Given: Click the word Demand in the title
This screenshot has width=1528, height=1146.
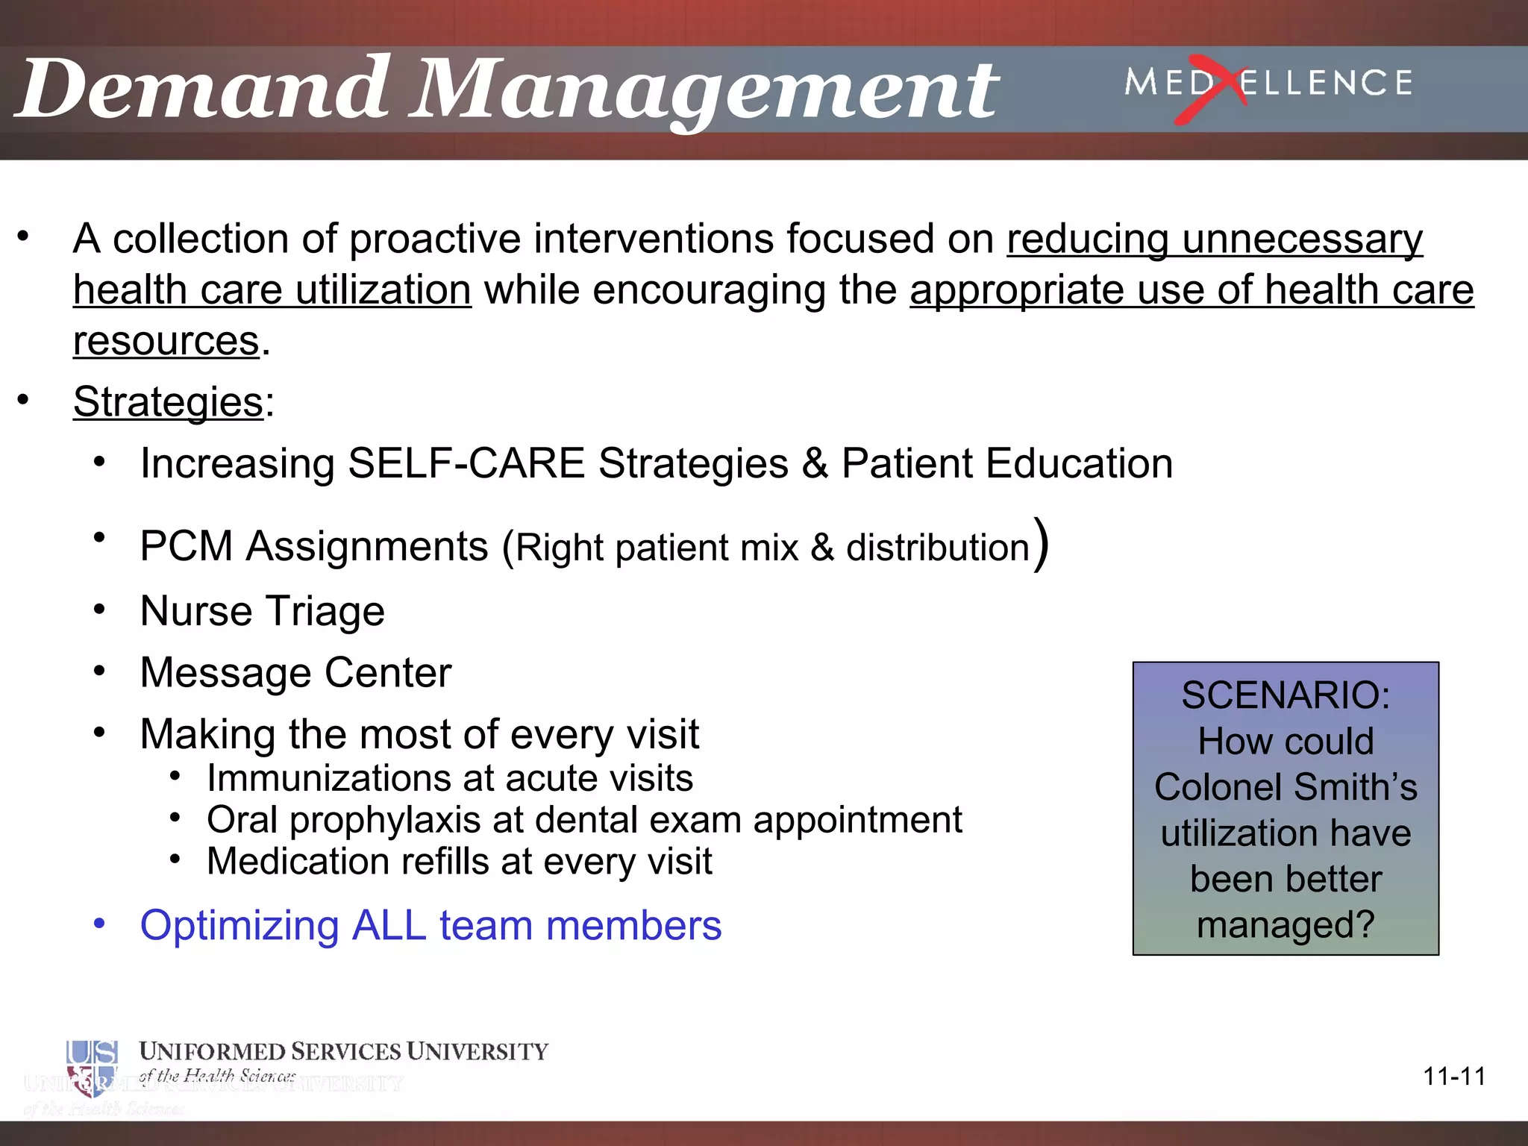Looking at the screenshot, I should [203, 90].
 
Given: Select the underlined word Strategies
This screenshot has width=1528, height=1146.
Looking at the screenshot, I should [169, 402].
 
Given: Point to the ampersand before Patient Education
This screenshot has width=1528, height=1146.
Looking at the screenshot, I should [815, 463].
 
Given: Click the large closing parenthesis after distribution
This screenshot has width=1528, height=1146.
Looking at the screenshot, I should [1042, 544].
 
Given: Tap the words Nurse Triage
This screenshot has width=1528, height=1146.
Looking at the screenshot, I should [263, 611].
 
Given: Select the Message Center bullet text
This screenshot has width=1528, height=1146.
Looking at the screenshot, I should [295, 673].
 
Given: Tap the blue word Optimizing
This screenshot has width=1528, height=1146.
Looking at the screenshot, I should [239, 926].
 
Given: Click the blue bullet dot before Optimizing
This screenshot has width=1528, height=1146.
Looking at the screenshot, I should [100, 924].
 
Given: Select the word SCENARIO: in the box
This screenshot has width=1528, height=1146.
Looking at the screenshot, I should [1286, 695].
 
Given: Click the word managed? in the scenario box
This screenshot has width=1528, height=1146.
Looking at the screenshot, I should [1286, 925].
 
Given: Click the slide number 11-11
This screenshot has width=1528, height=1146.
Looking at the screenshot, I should [1454, 1077].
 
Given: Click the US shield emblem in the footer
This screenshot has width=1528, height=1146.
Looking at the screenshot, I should [92, 1068].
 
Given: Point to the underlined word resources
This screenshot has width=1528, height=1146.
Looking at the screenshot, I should [166, 342].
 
